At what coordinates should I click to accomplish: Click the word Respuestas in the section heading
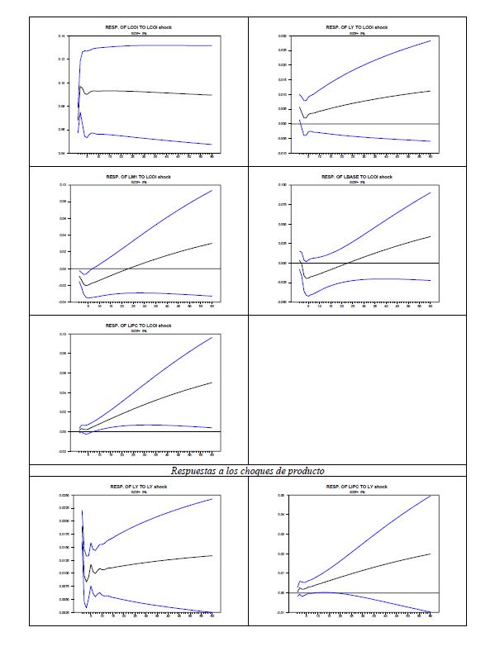pos(197,471)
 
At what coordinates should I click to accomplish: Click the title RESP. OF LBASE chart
pos(357,176)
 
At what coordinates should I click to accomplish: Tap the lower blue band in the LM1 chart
pos(149,293)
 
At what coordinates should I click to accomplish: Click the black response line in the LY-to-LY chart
pos(149,563)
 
